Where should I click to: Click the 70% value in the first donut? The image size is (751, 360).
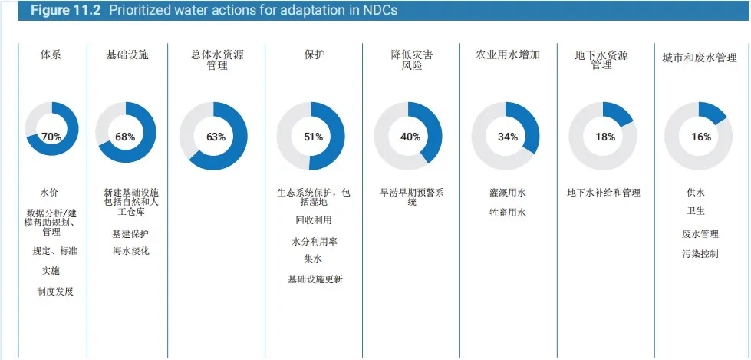pyautogui.click(x=51, y=137)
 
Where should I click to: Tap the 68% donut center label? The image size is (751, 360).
pyautogui.click(x=125, y=137)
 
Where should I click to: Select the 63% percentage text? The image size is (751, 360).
pyautogui.click(x=216, y=137)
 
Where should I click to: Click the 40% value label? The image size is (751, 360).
pyautogui.click(x=410, y=137)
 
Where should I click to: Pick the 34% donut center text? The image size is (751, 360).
pyautogui.click(x=508, y=137)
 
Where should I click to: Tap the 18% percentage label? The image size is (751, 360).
pyautogui.click(x=604, y=137)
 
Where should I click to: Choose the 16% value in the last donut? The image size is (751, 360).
pyautogui.click(x=700, y=137)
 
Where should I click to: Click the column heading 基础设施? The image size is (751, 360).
pyautogui.click(x=127, y=55)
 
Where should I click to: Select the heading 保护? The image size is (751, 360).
pyautogui.click(x=315, y=55)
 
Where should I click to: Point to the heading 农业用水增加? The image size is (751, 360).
pyautogui.click(x=508, y=55)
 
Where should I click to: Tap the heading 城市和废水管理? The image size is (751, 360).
pyautogui.click(x=700, y=58)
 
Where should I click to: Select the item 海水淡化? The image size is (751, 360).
pyautogui.click(x=130, y=251)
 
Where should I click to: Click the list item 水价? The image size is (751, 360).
pyautogui.click(x=50, y=193)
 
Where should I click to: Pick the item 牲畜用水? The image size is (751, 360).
pyautogui.click(x=508, y=213)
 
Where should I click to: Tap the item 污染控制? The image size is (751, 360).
pyautogui.click(x=700, y=253)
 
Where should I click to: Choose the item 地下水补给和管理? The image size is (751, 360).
pyautogui.click(x=604, y=193)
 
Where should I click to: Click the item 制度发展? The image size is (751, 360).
pyautogui.click(x=54, y=291)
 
